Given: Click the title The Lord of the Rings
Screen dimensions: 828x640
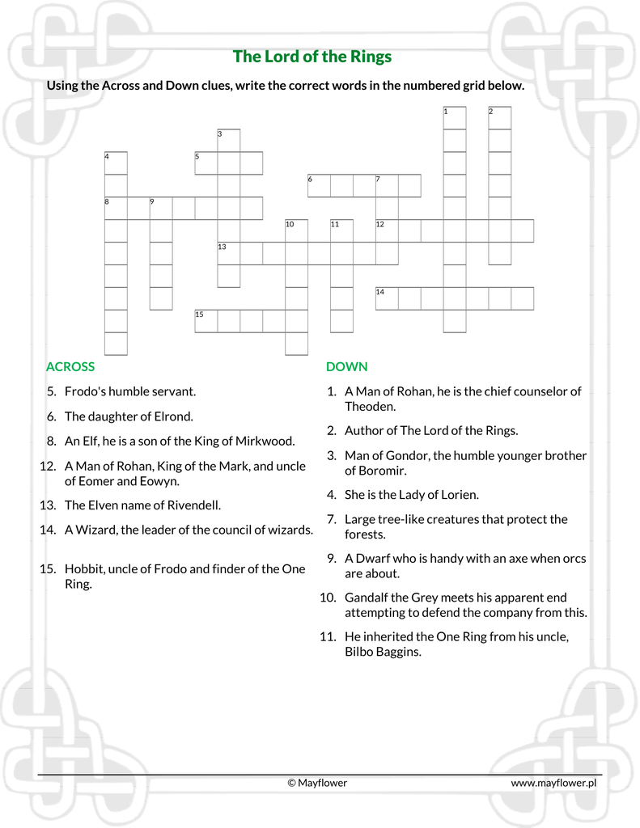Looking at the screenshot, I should click(x=312, y=57).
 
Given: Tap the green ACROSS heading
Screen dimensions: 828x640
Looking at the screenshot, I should click(x=70, y=366).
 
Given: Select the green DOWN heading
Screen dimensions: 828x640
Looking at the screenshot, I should click(x=346, y=366).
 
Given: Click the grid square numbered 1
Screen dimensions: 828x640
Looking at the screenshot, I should click(x=455, y=118).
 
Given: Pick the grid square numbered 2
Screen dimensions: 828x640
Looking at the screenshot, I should click(x=500, y=118).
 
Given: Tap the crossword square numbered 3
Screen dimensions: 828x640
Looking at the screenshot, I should click(x=229, y=141).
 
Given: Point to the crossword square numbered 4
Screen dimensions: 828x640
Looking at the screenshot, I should click(x=116, y=163).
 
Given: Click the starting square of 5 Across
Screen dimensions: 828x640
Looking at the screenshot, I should click(x=206, y=163).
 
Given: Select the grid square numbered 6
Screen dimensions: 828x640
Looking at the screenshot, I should click(x=320, y=186).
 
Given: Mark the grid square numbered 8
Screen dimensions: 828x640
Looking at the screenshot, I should click(x=116, y=209).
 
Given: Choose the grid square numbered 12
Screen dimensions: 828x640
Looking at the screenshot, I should click(x=387, y=231).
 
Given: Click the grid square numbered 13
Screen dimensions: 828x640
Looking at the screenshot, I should click(x=229, y=254).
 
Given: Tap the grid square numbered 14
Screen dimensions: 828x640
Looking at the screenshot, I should click(x=387, y=298).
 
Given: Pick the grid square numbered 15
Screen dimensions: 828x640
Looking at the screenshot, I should click(x=206, y=321).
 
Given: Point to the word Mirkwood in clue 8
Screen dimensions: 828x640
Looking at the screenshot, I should click(x=267, y=441).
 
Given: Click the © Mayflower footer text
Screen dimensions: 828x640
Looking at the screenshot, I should click(x=317, y=783).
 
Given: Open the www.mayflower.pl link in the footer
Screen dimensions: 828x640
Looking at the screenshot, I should click(x=553, y=783).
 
